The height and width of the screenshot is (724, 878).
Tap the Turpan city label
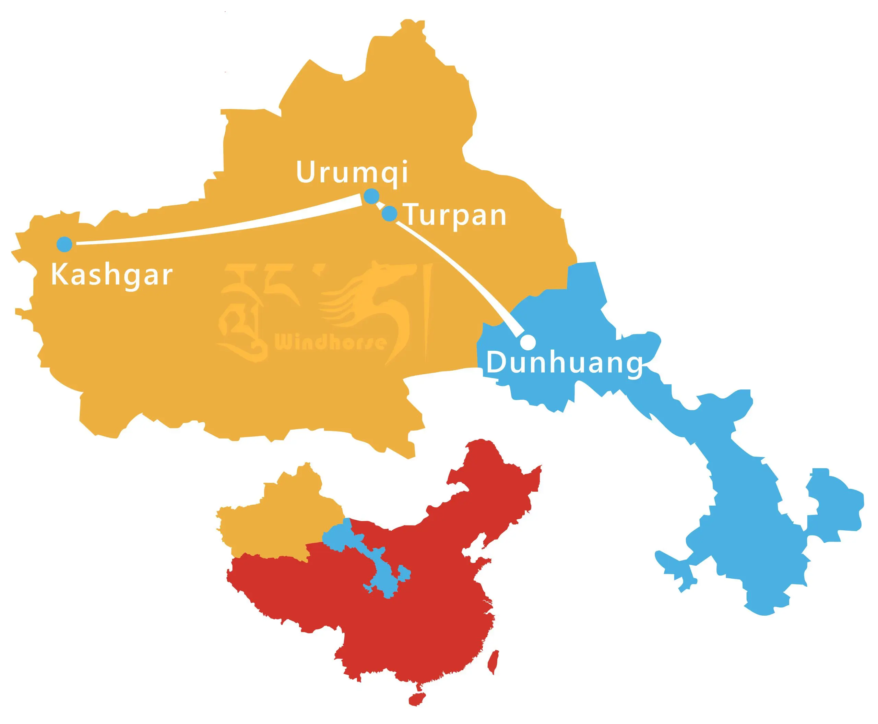click(456, 215)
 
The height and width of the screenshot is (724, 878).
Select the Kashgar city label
click(111, 275)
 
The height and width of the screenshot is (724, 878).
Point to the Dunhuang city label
click(564, 363)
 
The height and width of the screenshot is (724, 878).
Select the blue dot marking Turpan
click(390, 214)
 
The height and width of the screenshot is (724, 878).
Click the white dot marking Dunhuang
click(528, 341)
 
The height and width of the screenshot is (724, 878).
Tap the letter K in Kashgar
click(58, 275)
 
